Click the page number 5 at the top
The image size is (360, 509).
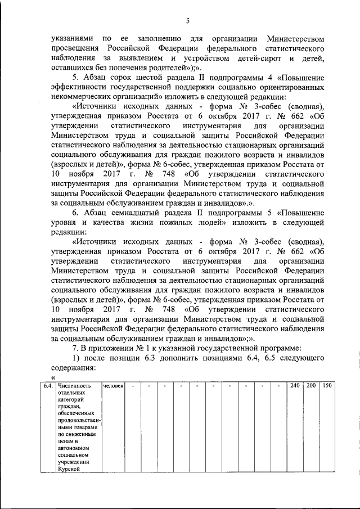click(188, 21)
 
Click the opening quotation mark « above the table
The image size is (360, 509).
click(53, 377)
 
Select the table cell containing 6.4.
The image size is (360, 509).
click(48, 386)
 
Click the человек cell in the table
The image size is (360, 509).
click(113, 386)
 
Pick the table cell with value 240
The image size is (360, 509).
click(294, 386)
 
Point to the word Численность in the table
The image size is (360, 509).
click(75, 386)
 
